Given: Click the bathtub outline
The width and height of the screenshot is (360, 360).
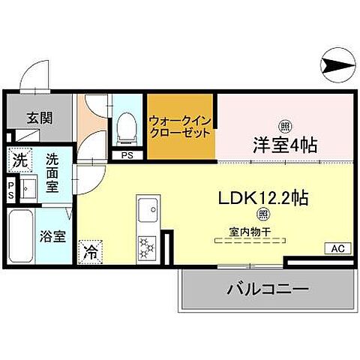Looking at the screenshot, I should point(20,235).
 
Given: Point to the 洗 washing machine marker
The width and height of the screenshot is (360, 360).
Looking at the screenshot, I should point(21,160).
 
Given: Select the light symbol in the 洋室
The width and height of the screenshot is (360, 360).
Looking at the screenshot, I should point(285,124).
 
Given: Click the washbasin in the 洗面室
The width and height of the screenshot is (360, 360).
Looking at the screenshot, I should point(30,187).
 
